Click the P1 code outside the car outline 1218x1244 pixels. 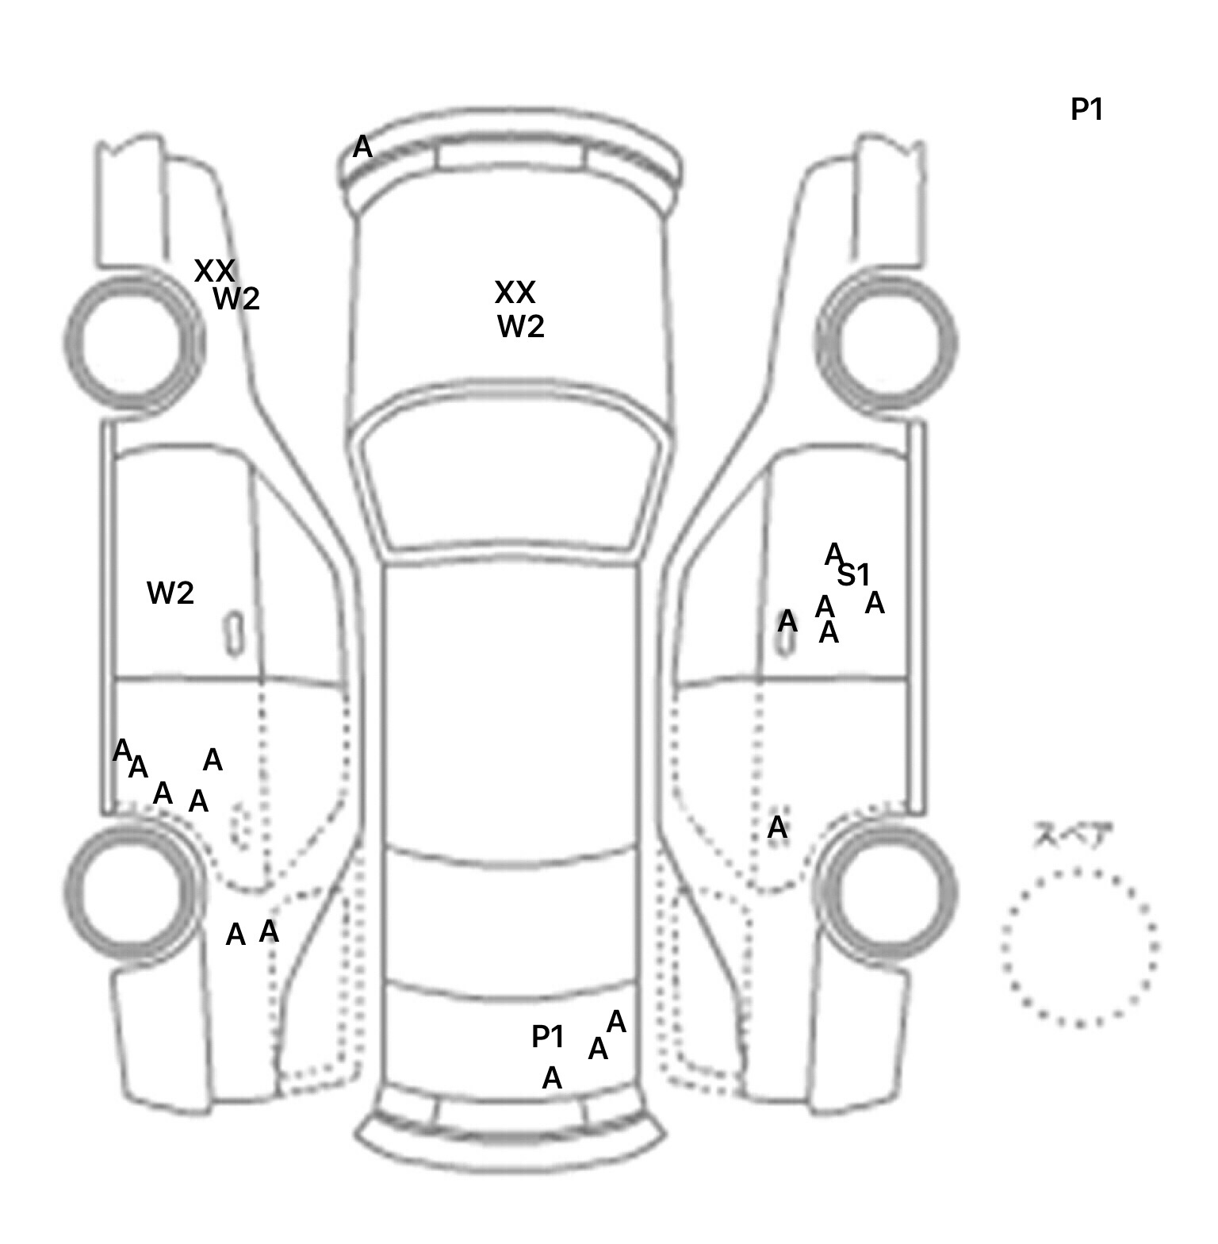click(x=1086, y=109)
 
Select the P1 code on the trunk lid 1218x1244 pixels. click(x=547, y=1036)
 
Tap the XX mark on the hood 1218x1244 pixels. click(x=515, y=293)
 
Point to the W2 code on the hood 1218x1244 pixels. click(x=521, y=326)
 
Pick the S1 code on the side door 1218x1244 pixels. click(x=853, y=574)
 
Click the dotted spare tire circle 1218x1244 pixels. click(x=1079, y=947)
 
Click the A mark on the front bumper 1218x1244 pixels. click(x=362, y=147)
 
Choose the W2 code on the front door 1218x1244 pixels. click(x=170, y=593)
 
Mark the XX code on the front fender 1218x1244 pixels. click(x=214, y=271)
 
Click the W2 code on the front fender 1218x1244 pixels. click(x=236, y=299)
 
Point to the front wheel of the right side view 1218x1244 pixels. click(x=887, y=342)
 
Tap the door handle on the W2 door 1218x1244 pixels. click(x=234, y=633)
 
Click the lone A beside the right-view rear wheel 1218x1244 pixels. click(x=777, y=827)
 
